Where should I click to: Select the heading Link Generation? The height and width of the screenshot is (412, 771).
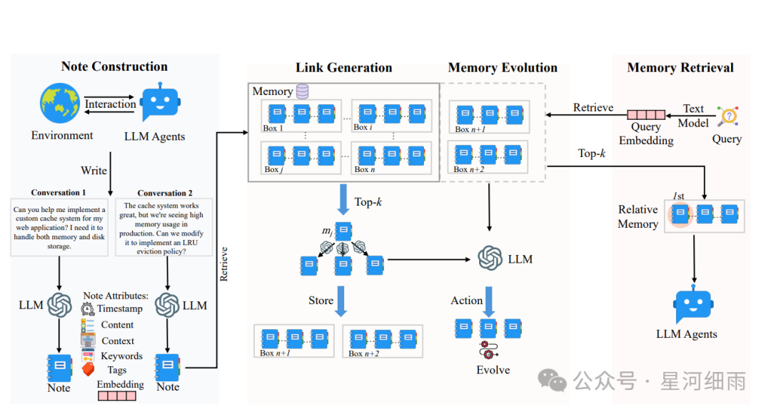click(343, 68)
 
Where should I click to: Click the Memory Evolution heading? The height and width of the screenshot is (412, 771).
click(503, 68)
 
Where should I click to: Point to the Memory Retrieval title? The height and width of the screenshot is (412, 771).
click(680, 68)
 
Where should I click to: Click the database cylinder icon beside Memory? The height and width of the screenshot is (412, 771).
click(303, 91)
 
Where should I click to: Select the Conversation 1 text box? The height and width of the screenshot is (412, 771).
click(59, 227)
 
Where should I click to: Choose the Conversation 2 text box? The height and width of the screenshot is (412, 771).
click(165, 227)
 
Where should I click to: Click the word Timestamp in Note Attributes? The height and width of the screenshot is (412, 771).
click(119, 308)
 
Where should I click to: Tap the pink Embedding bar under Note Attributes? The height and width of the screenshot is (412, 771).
click(116, 395)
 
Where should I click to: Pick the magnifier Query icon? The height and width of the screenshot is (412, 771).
click(727, 116)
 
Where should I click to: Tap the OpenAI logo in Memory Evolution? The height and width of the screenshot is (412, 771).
click(489, 258)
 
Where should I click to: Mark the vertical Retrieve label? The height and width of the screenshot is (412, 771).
click(224, 264)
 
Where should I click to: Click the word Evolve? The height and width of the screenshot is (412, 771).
click(493, 370)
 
